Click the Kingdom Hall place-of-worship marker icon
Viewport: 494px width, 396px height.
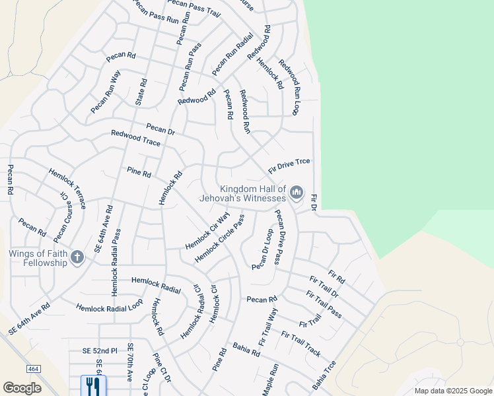click(x=296, y=193)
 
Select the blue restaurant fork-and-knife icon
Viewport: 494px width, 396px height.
click(x=92, y=385)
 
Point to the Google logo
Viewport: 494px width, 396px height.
click(x=22, y=388)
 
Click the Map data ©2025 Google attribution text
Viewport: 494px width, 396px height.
click(x=452, y=391)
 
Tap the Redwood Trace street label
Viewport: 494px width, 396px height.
click(x=135, y=138)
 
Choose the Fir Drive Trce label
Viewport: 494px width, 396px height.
click(x=289, y=166)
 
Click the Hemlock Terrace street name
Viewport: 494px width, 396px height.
click(x=67, y=188)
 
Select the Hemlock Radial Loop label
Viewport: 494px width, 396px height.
click(x=109, y=308)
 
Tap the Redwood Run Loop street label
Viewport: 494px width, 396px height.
click(x=289, y=86)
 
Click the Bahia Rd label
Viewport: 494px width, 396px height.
click(x=246, y=349)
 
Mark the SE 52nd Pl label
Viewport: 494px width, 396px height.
click(x=100, y=350)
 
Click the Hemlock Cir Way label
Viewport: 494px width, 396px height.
click(x=207, y=230)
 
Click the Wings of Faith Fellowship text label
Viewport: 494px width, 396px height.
click(x=38, y=258)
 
